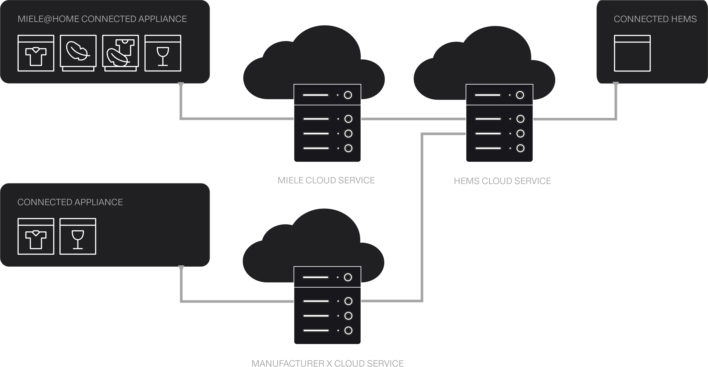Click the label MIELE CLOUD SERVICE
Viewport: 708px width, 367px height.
326,180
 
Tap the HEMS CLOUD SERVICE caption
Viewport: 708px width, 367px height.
502,181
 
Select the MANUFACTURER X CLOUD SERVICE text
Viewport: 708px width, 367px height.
327,363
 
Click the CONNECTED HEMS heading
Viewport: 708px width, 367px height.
655,19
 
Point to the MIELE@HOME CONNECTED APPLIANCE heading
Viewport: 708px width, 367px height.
102,19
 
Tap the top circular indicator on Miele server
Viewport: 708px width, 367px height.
348,95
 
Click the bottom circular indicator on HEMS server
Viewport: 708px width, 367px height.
520,148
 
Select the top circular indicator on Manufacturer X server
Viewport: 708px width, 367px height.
348,277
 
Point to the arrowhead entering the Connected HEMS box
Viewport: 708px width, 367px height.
616,84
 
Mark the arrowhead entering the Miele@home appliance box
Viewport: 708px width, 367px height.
181,85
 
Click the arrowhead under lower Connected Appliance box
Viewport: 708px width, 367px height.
181,268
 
